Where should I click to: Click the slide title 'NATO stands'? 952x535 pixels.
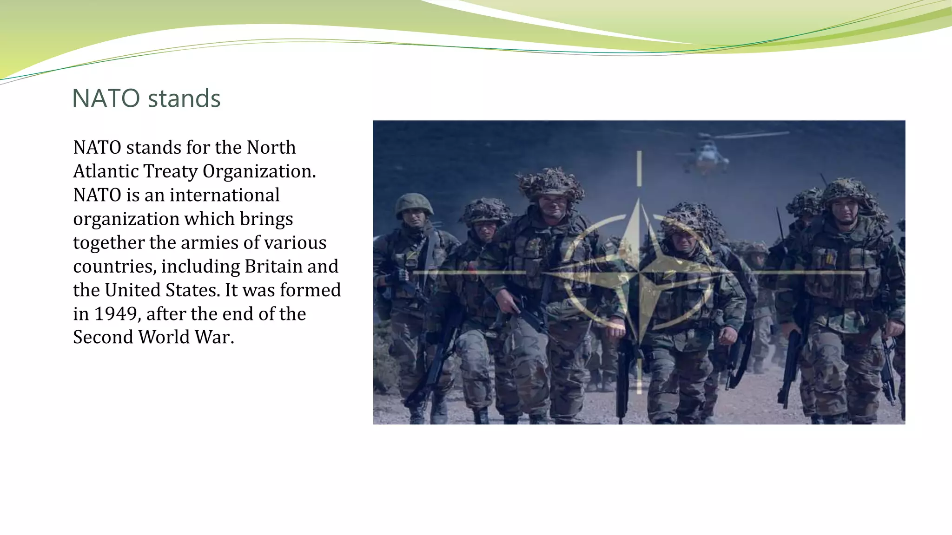click(146, 98)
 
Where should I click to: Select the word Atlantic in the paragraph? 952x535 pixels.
click(106, 171)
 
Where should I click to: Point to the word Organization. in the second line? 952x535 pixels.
click(259, 171)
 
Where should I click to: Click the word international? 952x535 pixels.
click(225, 195)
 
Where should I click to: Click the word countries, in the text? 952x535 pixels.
click(114, 267)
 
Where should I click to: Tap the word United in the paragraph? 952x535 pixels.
click(133, 290)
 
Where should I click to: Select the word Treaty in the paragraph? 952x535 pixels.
click(170, 171)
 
